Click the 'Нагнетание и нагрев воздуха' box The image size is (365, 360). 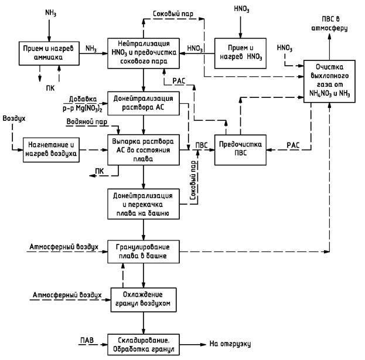tap(50, 149)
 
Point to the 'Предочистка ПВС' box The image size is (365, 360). tap(240, 148)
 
